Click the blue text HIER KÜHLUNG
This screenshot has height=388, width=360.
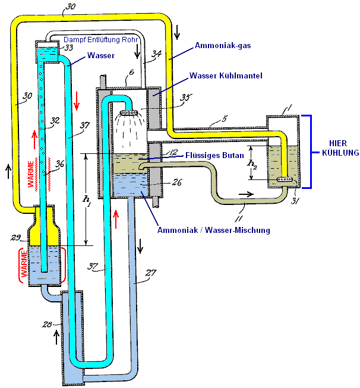pos(336,148)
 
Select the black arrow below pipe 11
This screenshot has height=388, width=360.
pos(245,194)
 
